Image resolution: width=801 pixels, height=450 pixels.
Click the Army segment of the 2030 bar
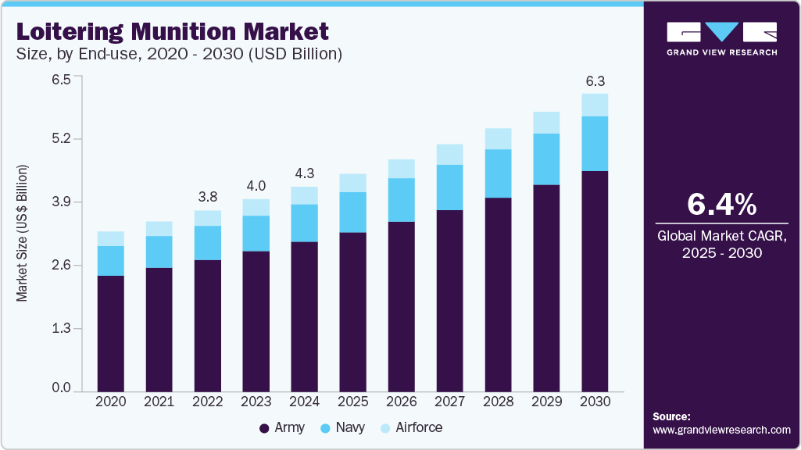point(595,281)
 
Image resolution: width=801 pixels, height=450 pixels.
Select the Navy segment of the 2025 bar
point(352,212)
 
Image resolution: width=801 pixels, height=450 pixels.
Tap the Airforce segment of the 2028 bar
point(498,138)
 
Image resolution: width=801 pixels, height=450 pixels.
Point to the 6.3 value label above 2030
point(595,81)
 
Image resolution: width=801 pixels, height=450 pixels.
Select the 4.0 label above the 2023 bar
point(256,186)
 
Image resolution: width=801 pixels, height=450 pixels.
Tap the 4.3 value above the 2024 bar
point(304,173)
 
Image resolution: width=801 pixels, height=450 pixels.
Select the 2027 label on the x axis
point(449,402)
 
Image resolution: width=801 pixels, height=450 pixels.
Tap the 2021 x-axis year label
point(159,402)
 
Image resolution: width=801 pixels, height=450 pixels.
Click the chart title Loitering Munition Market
point(173,32)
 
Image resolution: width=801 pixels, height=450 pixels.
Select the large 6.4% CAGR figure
point(721,204)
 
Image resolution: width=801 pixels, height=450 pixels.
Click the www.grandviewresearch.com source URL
point(721,430)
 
